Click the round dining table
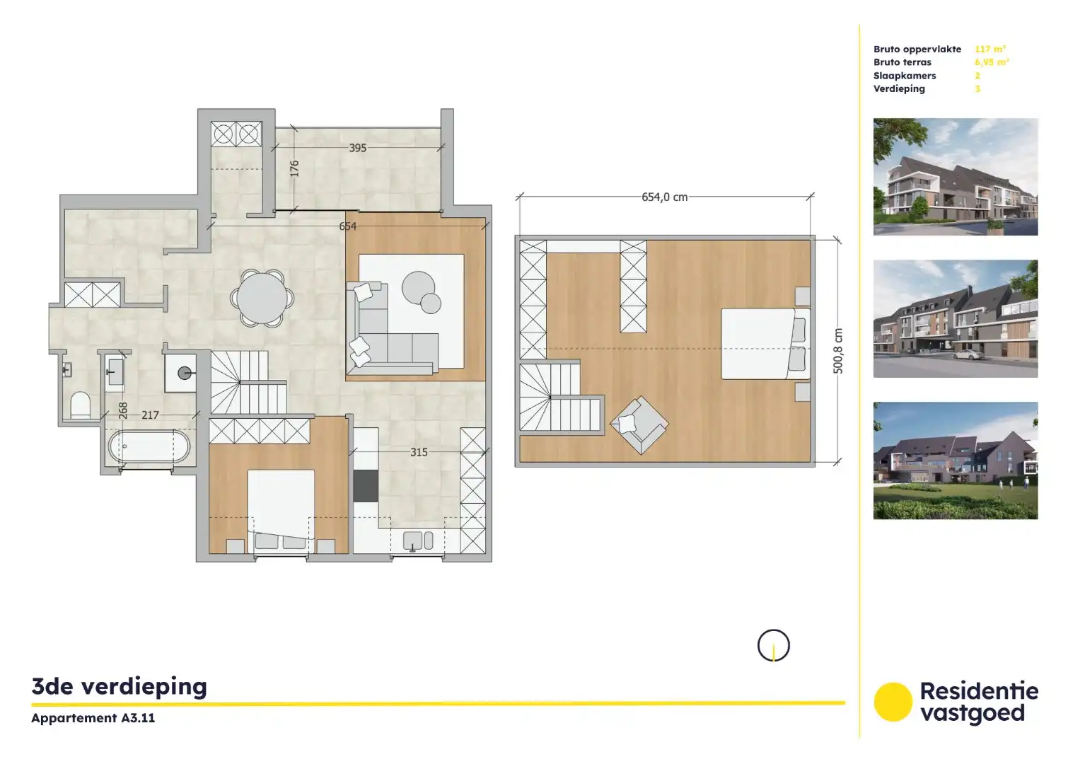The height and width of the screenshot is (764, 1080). pos(262,299)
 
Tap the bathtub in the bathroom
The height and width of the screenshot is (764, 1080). pos(149,447)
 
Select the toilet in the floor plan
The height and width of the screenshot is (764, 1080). pos(81,405)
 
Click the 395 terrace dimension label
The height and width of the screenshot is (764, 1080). pos(358,148)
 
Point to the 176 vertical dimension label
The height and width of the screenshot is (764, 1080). pos(294,168)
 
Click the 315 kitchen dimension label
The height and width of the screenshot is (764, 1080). pos(419,452)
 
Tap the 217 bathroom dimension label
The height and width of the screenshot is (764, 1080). pos(150,415)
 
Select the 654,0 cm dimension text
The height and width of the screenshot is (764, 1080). pos(664,197)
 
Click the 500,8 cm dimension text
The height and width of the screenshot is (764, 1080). pos(838,351)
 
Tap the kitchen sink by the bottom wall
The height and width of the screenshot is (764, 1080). pos(417,541)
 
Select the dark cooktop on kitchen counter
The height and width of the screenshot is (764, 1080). pos(366,485)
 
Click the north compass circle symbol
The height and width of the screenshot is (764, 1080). pos(773,645)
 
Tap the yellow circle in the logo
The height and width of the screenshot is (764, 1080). pos(893,702)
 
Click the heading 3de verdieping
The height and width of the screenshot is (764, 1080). pos(120,686)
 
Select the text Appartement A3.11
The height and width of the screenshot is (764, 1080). pos(93,718)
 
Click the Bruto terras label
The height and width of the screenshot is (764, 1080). pos(902,62)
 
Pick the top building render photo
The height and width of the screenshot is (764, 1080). pos(955,177)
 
